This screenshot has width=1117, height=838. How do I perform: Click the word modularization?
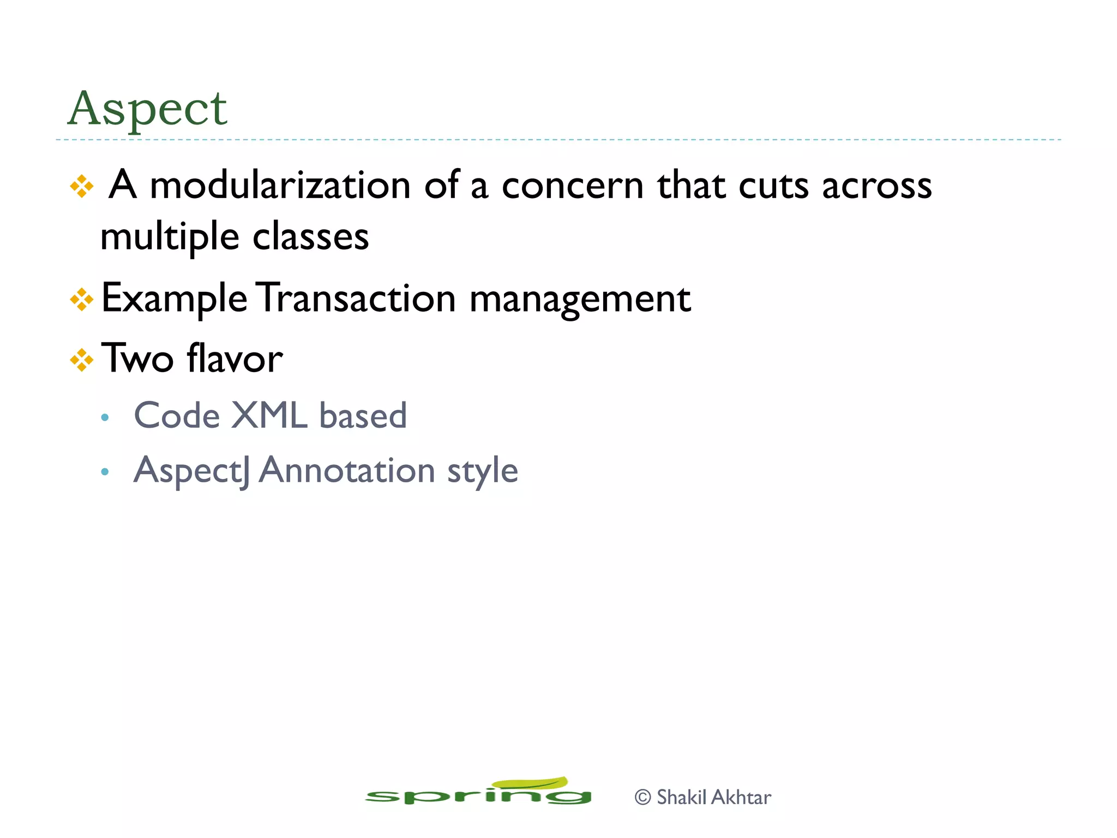pos(280,185)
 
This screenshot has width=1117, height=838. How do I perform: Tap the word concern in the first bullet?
pos(572,185)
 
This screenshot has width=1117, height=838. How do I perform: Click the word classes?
pos(310,237)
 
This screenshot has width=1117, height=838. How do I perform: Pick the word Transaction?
pos(356,298)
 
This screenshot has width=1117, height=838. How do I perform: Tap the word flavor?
pos(235,359)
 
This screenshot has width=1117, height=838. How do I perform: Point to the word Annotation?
pos(346,470)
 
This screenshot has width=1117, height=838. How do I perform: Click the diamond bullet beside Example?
pos(82,300)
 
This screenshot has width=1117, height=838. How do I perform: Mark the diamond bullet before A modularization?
pos(82,187)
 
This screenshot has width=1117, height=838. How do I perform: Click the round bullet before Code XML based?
pos(105,418)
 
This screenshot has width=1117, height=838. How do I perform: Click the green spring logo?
pos(478,792)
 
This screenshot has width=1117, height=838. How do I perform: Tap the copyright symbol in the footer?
pos(643,797)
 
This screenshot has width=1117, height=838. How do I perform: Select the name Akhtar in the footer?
pos(741,797)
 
